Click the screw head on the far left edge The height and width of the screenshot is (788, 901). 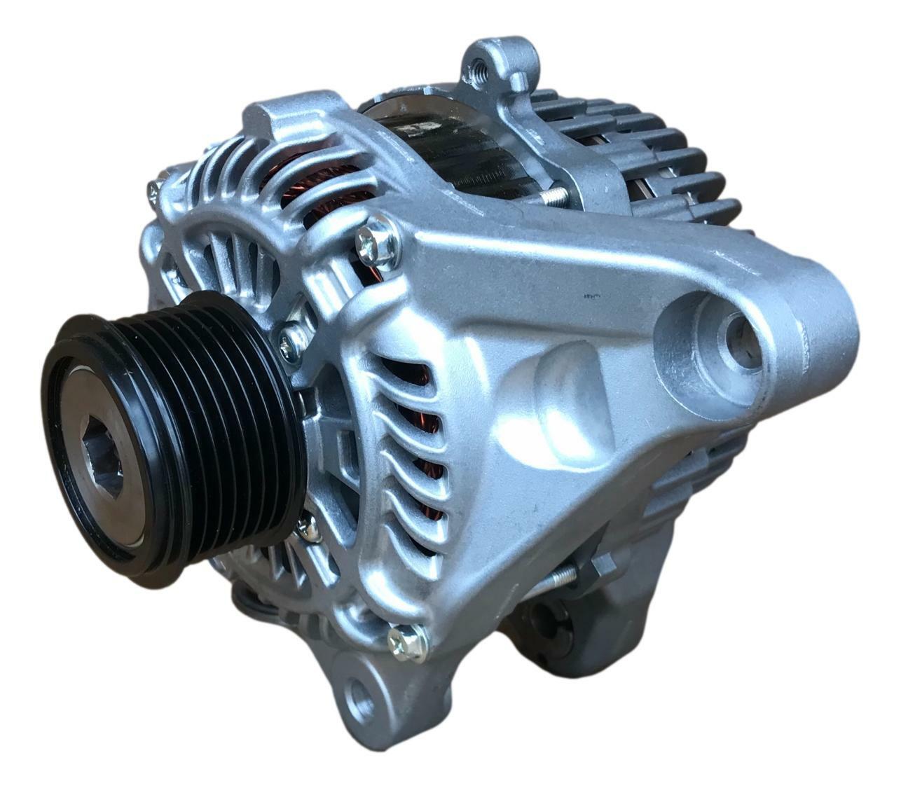(x=153, y=192)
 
